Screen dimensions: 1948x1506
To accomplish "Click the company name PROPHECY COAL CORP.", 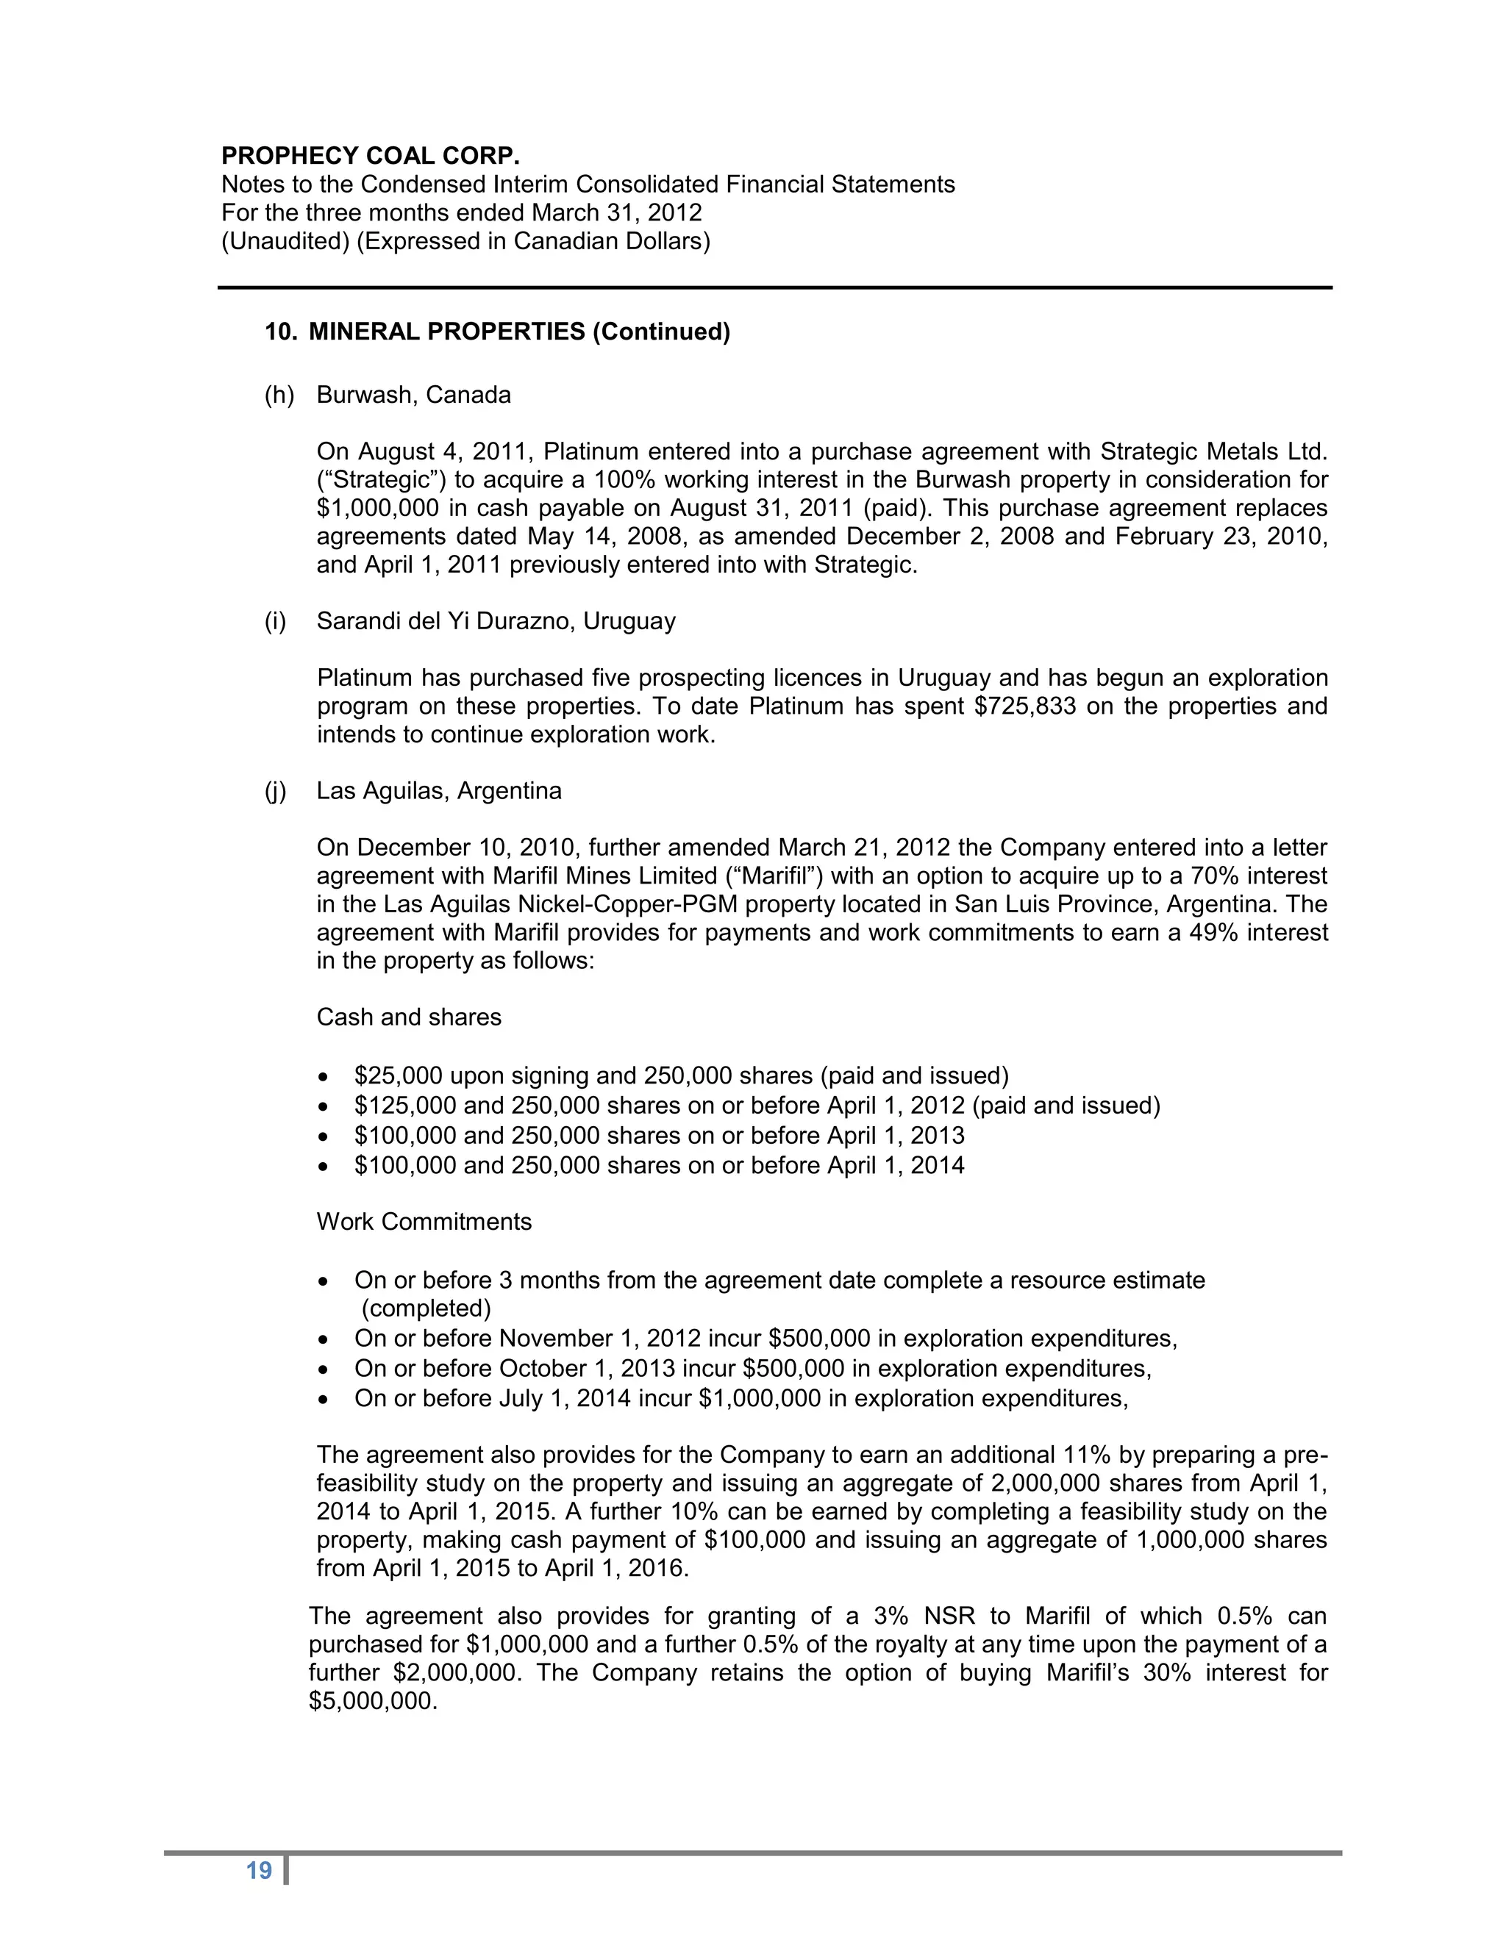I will (x=371, y=156).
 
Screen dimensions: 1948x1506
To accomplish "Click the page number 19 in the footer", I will (x=259, y=1870).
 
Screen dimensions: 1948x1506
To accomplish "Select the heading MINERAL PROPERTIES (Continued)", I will (x=518, y=332).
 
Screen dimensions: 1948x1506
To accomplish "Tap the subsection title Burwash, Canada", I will (x=413, y=395).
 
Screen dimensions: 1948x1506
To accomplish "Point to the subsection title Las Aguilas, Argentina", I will (x=438, y=791).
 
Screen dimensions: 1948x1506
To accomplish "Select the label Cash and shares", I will (x=409, y=1017).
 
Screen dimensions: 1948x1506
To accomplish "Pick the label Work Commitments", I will (x=424, y=1222).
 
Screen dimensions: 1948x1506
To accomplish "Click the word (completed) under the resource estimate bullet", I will (x=426, y=1308).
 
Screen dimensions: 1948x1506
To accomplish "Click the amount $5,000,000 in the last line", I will (x=373, y=1701).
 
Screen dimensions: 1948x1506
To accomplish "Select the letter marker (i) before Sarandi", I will (x=276, y=621).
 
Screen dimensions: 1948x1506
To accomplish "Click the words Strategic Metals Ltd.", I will (x=1213, y=452).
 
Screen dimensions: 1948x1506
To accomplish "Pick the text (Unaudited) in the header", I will (x=285, y=242).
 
